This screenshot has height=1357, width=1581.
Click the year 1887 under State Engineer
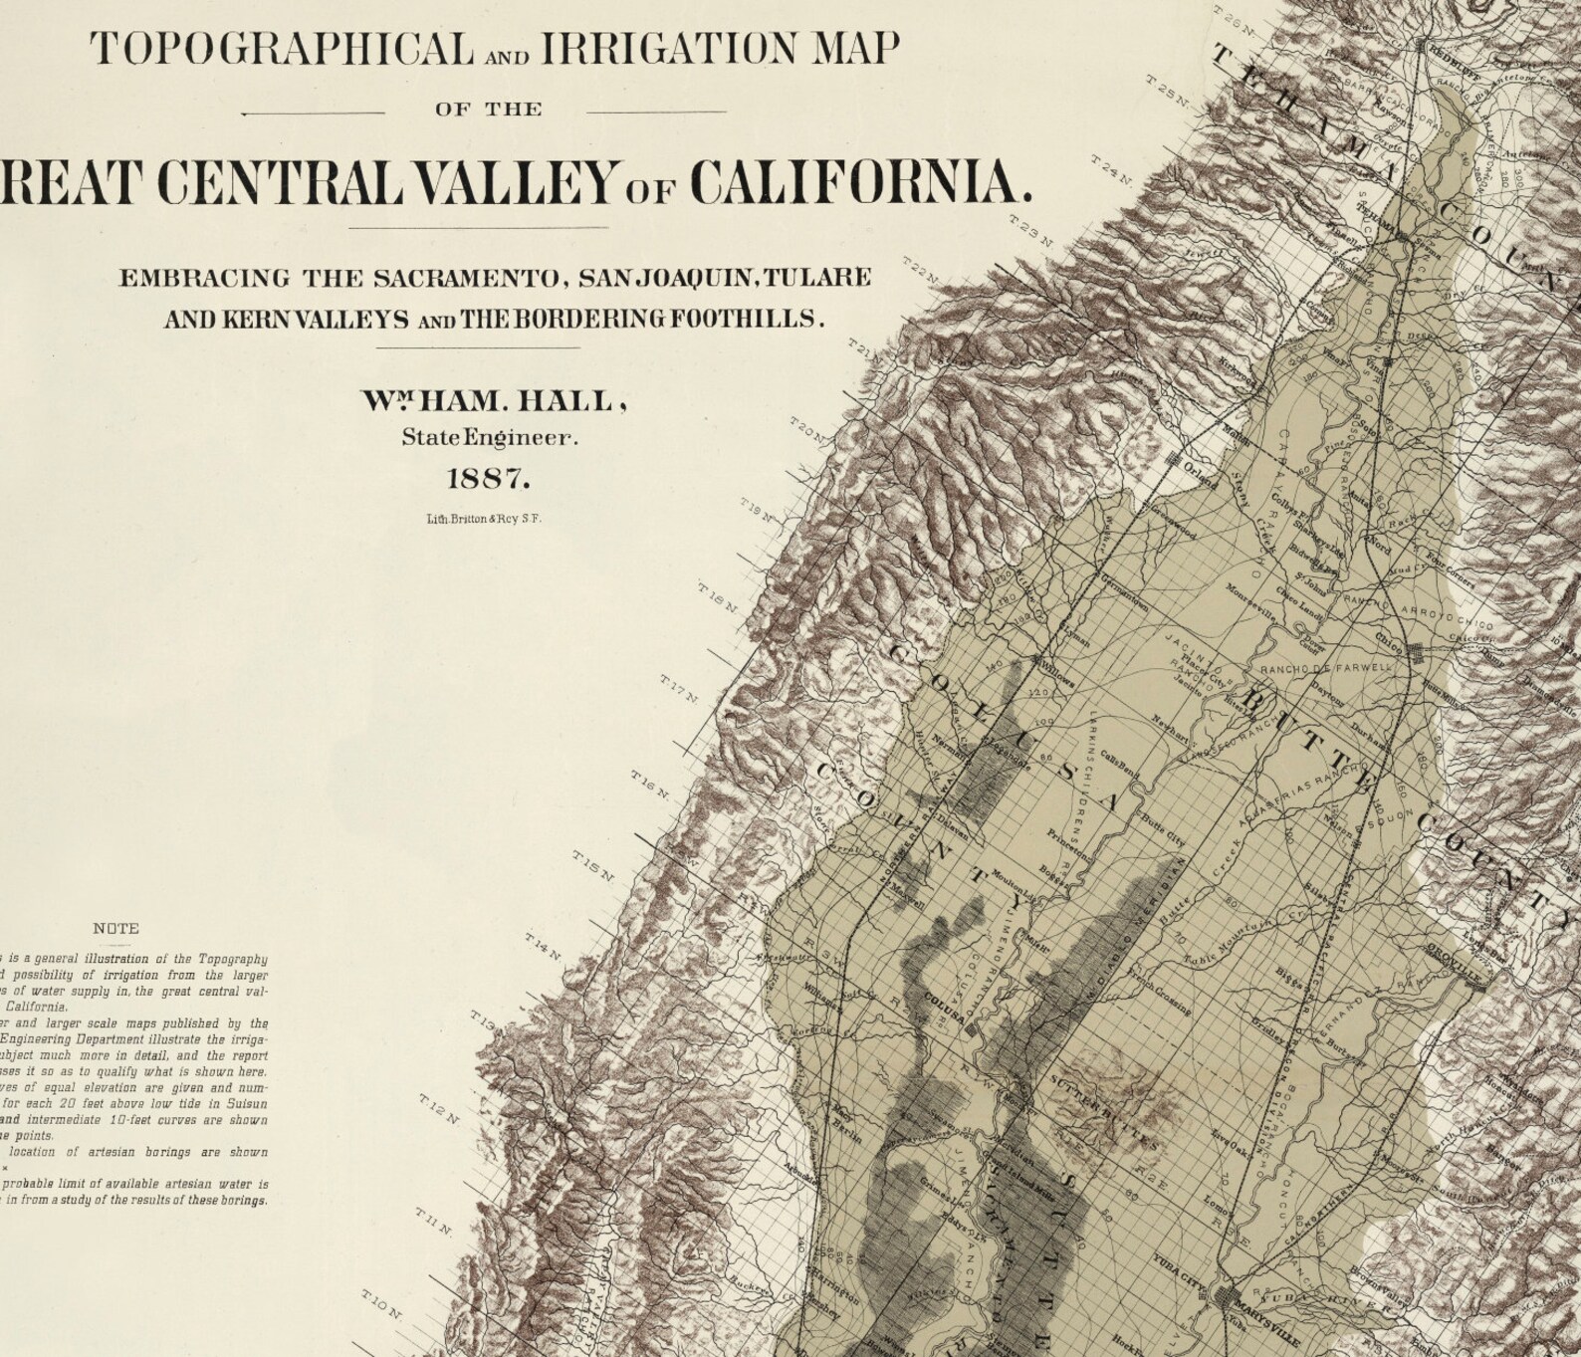(488, 478)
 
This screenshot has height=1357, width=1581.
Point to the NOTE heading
(115, 928)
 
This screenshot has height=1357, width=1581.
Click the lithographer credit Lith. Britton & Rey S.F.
(484, 519)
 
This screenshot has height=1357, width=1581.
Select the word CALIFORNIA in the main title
(860, 181)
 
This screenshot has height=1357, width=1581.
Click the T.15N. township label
(593, 865)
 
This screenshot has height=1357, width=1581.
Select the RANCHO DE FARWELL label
(1325, 668)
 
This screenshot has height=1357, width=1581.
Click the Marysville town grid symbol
(1227, 1297)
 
